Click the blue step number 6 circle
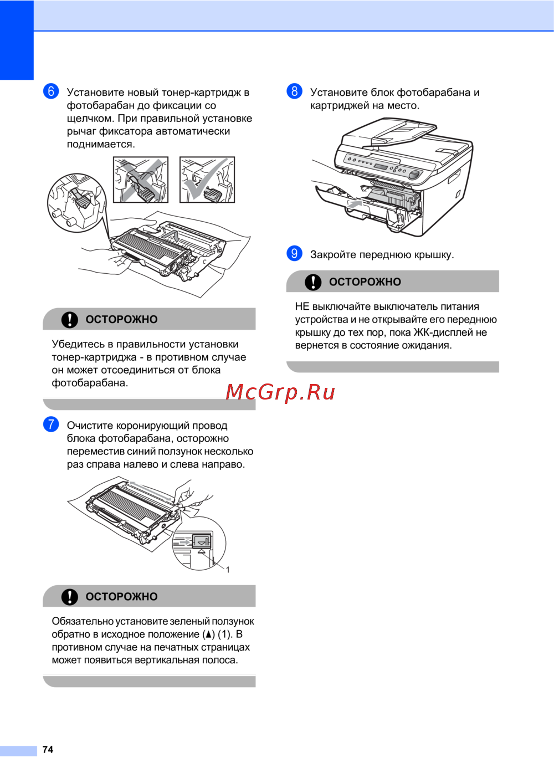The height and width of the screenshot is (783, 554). (51, 91)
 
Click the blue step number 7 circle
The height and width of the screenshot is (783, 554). (51, 424)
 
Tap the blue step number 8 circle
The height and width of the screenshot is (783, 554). (294, 91)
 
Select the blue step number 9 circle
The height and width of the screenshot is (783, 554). (294, 253)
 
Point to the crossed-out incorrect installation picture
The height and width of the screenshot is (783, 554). (141, 180)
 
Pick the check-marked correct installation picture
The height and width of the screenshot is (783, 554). (207, 180)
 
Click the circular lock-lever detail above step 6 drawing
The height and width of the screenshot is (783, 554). (76, 203)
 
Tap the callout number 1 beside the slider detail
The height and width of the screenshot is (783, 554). (228, 570)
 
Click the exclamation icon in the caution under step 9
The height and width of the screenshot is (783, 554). (313, 282)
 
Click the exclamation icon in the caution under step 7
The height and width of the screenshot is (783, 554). (70, 597)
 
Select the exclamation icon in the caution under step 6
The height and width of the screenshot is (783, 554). (70, 320)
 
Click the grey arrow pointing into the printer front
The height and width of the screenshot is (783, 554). (355, 203)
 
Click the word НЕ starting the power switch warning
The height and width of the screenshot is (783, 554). (302, 306)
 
